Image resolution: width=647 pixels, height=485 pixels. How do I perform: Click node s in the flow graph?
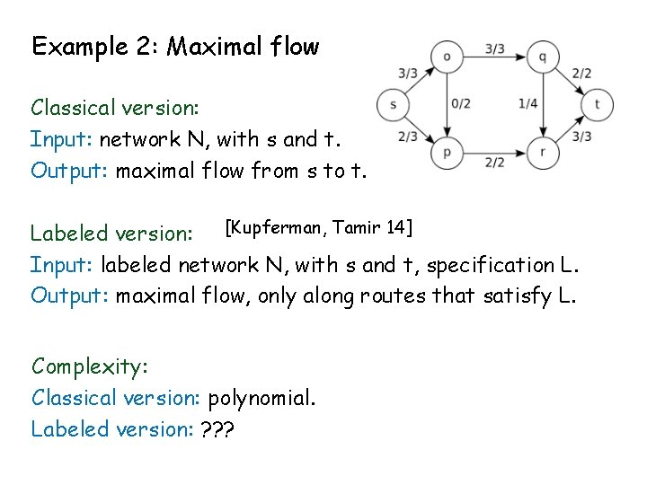(394, 105)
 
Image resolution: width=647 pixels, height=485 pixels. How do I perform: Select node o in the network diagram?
(447, 57)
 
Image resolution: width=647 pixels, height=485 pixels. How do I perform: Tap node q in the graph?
(543, 57)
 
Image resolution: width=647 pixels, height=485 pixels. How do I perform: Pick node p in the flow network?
(447, 154)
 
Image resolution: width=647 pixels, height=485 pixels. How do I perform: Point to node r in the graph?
(543, 154)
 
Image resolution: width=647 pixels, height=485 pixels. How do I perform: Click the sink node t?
(597, 105)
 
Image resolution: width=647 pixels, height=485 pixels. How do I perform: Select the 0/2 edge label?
(461, 104)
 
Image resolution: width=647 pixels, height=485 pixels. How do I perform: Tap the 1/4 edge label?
(528, 104)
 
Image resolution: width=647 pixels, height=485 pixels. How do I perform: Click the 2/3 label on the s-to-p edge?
(407, 137)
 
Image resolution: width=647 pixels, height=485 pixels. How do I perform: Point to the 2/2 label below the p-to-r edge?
(494, 163)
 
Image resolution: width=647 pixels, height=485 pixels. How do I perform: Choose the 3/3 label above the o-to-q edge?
(494, 48)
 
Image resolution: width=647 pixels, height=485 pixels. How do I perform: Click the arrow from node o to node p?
(447, 105)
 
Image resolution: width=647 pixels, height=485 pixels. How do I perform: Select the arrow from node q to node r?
(543, 105)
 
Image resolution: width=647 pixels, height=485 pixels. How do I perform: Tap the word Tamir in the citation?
(358, 228)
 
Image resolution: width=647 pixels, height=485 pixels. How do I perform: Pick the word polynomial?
(261, 398)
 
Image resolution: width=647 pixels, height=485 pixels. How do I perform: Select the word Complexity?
(90, 366)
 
